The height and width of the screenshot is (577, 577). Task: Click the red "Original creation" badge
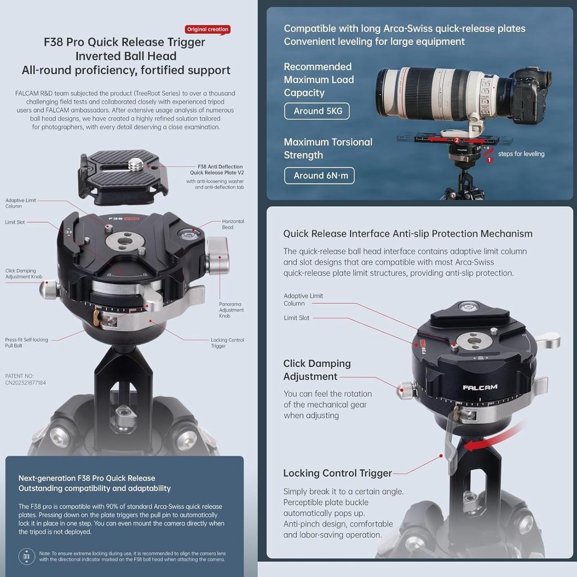pyautogui.click(x=207, y=29)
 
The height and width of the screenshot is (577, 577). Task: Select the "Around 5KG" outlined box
pyautogui.click(x=318, y=111)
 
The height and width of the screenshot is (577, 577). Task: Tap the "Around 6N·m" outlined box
pyautogui.click(x=321, y=175)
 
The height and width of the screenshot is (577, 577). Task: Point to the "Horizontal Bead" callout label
pyautogui.click(x=233, y=224)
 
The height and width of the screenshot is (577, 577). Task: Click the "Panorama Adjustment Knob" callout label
pyautogui.click(x=231, y=310)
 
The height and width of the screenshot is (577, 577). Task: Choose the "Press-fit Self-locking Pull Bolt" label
pyautogui.click(x=26, y=343)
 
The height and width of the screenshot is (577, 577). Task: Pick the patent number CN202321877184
pyautogui.click(x=25, y=383)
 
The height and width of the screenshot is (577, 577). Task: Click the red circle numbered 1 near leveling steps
pyautogui.click(x=489, y=160)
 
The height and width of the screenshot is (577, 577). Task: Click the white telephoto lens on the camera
pyautogui.click(x=440, y=93)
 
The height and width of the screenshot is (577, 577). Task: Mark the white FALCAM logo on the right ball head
pyautogui.click(x=475, y=388)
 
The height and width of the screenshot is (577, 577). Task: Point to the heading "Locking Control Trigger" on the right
pyautogui.click(x=338, y=473)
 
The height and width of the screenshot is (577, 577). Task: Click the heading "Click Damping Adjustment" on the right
pyautogui.click(x=317, y=370)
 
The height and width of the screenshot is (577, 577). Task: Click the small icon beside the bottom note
pyautogui.click(x=26, y=556)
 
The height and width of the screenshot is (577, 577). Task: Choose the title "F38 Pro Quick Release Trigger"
pyautogui.click(x=125, y=42)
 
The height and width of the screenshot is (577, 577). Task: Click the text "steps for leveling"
pyautogui.click(x=521, y=154)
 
